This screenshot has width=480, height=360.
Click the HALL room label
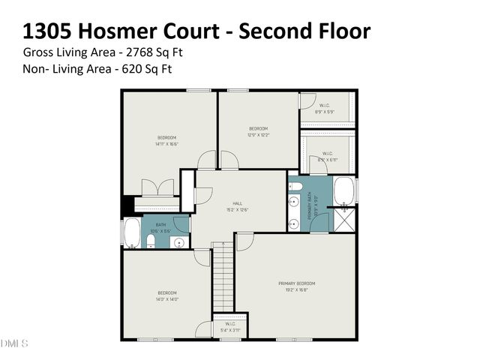(x=236, y=202)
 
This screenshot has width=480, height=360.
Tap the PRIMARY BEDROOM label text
(x=297, y=283)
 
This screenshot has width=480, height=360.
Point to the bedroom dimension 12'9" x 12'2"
(x=259, y=135)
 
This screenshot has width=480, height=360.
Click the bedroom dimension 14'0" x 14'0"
(x=166, y=298)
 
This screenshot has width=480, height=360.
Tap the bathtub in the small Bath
(x=132, y=233)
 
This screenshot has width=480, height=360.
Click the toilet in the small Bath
(x=150, y=241)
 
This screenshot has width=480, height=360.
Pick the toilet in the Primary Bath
(x=295, y=187)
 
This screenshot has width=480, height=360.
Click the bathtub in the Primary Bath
(x=344, y=191)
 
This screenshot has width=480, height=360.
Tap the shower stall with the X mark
(x=344, y=222)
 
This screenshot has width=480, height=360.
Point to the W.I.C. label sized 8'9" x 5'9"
(x=325, y=109)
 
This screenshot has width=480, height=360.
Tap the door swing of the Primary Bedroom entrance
(x=244, y=241)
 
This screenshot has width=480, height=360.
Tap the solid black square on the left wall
(x=128, y=203)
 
